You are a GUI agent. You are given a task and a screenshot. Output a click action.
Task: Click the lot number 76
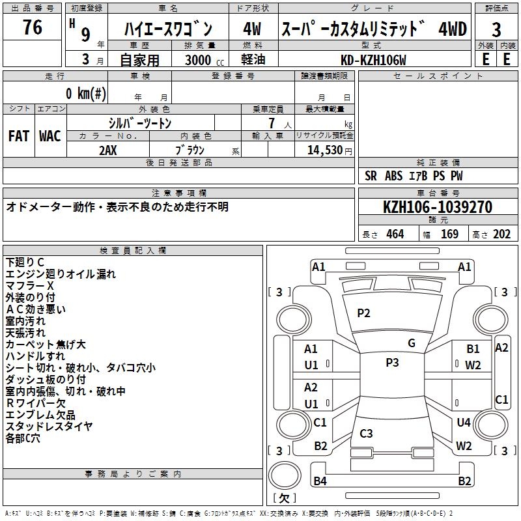pos(32,28)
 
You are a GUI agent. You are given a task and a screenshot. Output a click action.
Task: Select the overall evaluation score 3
pos(496,30)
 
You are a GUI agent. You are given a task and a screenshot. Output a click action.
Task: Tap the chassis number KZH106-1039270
pos(437,207)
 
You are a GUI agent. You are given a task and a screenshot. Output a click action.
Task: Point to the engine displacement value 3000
pos(198,61)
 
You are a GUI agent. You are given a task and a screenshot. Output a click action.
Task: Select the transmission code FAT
pos(19,135)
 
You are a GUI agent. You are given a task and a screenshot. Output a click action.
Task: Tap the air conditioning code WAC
pos(50,135)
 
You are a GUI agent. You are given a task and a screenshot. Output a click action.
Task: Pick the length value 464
pos(395,234)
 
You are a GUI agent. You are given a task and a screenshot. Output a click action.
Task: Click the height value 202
pos(501,234)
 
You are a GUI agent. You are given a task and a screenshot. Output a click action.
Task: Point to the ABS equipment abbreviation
pos(393,175)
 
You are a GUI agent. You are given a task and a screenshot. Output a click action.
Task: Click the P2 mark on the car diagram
pos(363,313)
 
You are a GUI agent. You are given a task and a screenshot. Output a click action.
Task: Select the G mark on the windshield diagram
pos(411,343)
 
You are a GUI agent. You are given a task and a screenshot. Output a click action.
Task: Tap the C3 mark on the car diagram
pos(366,433)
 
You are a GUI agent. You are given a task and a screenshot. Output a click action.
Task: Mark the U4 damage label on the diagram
pos(463,423)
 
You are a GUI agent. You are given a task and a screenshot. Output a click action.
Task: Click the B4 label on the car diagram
pos(320,481)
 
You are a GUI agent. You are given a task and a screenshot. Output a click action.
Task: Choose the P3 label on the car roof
pos(392,363)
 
